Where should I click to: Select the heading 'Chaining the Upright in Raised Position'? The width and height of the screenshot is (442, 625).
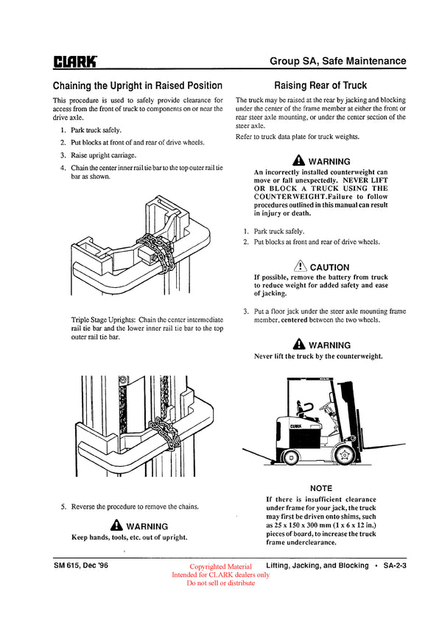pos(138,85)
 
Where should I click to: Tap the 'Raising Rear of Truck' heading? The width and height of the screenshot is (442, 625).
pos(320,85)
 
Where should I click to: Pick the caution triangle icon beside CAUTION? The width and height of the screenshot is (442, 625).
pos(299,266)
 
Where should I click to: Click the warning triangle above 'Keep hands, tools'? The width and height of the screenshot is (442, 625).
pos(116,526)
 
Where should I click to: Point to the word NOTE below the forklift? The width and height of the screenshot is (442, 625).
pos(321,488)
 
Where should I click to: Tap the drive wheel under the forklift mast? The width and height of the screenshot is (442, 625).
pos(343,456)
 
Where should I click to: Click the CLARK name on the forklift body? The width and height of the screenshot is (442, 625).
pos(296,425)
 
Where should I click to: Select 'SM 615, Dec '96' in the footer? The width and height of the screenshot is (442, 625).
pos(85,565)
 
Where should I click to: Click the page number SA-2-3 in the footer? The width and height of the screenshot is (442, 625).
pos(396,565)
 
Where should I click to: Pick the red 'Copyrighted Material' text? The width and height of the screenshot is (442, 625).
pos(220,567)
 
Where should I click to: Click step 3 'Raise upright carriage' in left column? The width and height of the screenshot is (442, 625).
pos(102,155)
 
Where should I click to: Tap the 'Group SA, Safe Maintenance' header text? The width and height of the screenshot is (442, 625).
pos(337,61)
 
